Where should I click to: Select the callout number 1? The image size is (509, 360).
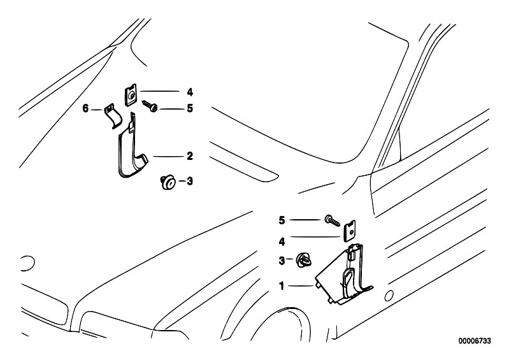(x=281, y=286)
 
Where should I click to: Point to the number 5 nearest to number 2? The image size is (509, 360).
(x=189, y=109)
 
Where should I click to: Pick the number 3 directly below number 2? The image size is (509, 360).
(x=189, y=182)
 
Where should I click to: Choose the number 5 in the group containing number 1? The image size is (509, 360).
(x=281, y=220)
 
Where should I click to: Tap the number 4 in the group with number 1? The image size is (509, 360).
(x=281, y=241)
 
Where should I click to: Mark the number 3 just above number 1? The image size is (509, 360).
(x=281, y=260)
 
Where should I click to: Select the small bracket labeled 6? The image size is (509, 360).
(x=112, y=116)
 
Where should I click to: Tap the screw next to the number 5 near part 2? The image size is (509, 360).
(x=152, y=106)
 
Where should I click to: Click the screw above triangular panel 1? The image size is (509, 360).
(x=332, y=219)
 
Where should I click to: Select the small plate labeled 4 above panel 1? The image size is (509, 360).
(x=349, y=231)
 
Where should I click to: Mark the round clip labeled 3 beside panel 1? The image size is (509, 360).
(x=303, y=259)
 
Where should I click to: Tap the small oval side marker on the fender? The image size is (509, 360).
(x=389, y=294)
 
